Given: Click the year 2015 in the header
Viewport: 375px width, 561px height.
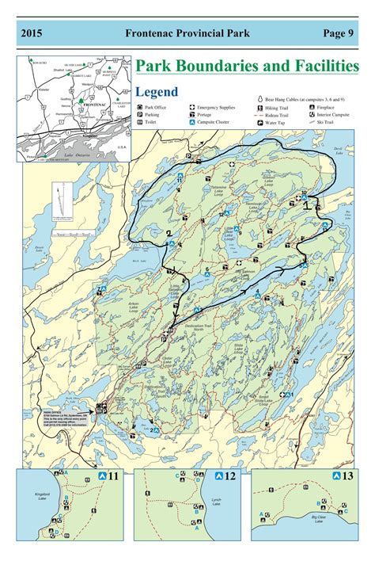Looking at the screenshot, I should point(32,33).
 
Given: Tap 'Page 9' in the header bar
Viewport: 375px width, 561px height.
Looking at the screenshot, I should point(339,33).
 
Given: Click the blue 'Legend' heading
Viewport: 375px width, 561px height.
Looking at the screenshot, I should point(157,92).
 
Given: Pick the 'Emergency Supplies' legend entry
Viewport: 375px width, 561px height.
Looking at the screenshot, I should point(215,106).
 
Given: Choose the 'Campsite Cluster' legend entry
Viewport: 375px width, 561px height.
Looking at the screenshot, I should point(216,123).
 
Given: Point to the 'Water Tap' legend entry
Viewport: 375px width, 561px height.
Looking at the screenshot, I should point(275,123).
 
